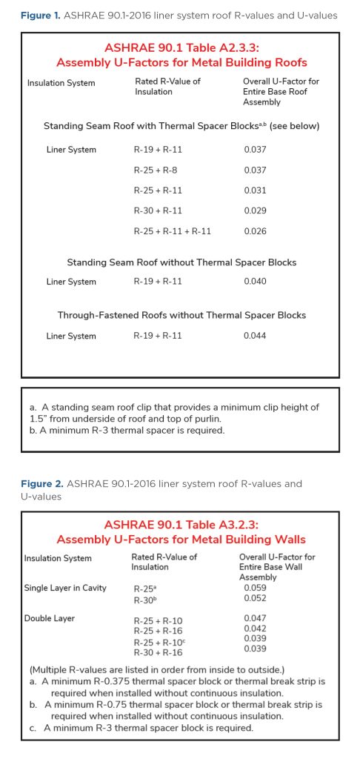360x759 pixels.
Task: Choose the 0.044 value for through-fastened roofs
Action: click(254, 337)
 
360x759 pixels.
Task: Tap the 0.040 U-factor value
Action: click(254, 282)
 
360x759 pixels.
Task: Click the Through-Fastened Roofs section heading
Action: click(182, 316)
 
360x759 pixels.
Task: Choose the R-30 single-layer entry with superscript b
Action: click(144, 599)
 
